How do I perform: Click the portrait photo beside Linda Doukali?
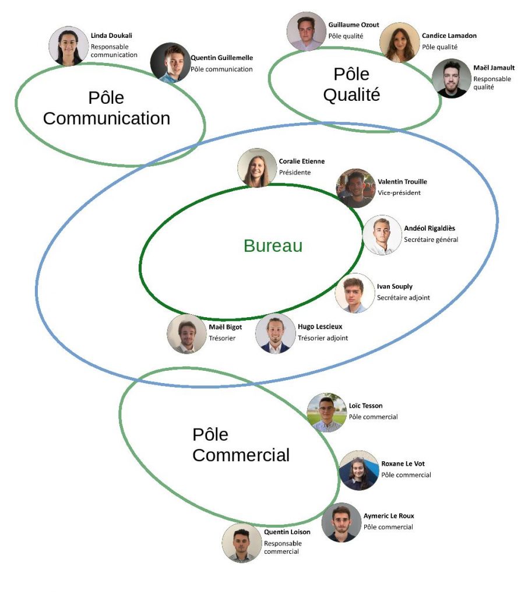(69, 45)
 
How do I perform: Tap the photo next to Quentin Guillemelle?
(170, 62)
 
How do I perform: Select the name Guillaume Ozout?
(353, 25)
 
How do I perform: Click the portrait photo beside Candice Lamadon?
(399, 42)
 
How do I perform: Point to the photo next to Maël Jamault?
(452, 78)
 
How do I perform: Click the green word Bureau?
(273, 246)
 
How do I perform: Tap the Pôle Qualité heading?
(351, 85)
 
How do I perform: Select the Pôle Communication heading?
(107, 108)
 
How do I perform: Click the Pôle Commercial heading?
(241, 445)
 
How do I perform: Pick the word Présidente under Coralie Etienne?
(295, 172)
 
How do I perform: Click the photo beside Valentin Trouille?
(356, 188)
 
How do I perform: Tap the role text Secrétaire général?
(431, 240)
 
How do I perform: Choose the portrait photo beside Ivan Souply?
(354, 293)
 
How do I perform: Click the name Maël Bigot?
(225, 327)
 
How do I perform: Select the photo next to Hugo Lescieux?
(275, 333)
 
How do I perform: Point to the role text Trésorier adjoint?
(322, 338)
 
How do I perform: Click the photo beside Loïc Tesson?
(326, 412)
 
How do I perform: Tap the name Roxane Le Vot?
(403, 464)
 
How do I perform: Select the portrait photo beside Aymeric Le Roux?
(342, 522)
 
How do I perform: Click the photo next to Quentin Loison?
(241, 543)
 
